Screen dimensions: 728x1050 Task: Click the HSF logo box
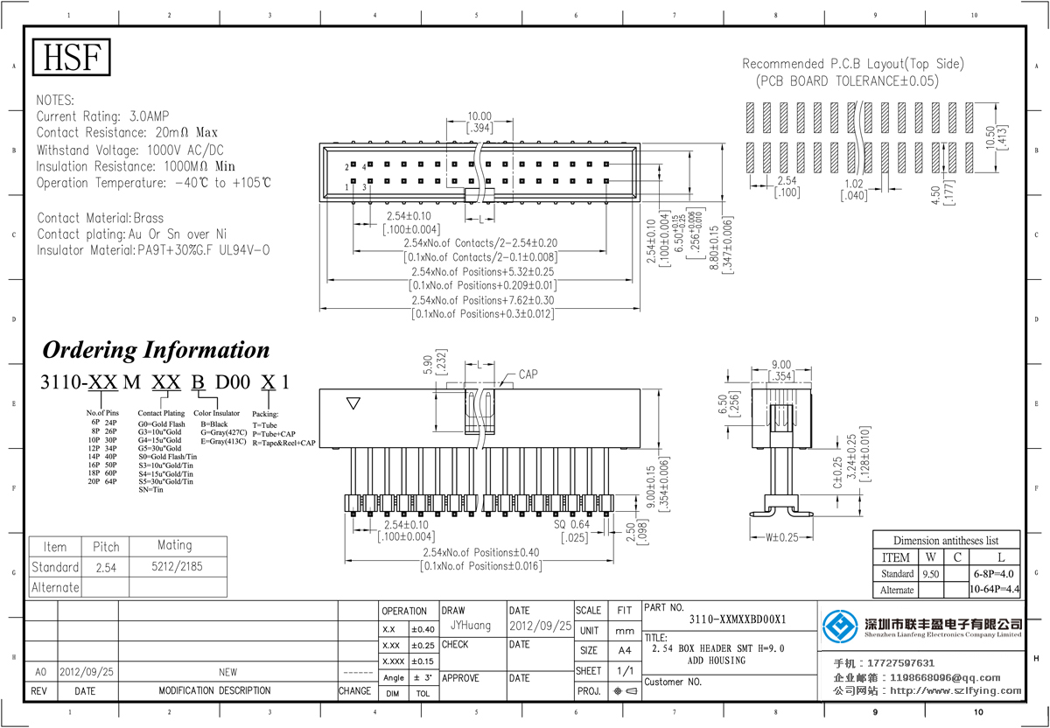[73, 58]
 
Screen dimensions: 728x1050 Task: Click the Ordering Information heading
[157, 350]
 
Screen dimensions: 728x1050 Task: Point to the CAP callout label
[528, 374]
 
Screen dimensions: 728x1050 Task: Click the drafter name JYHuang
[471, 626]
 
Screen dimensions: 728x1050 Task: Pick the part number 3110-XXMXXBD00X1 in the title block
[738, 619]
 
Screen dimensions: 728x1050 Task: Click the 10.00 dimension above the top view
[479, 116]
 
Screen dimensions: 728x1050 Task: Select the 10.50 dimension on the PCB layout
[990, 137]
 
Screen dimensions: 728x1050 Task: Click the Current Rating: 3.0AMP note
[103, 116]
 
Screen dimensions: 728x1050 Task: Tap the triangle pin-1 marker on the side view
[353, 403]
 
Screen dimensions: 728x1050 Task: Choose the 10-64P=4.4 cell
[995, 590]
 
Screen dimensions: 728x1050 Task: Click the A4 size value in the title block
[625, 650]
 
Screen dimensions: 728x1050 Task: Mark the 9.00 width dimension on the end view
[781, 365]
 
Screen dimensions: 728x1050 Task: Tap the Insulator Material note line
[153, 250]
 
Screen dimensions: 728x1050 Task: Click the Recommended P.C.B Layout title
[853, 64]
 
